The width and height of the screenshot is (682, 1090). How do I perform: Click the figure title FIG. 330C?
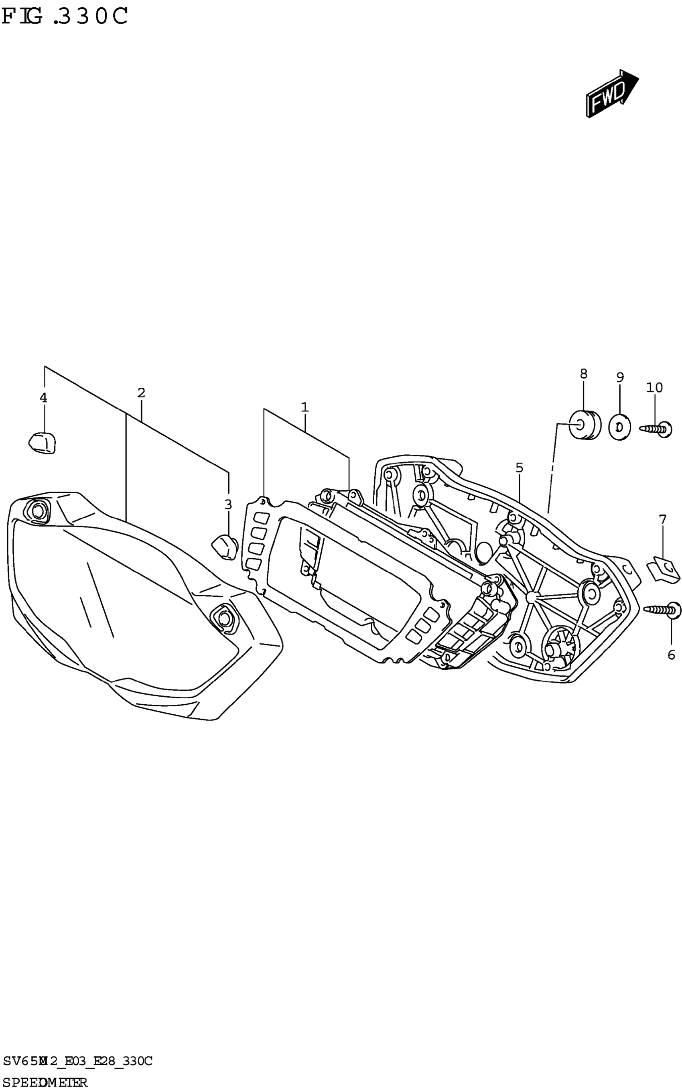click(65, 17)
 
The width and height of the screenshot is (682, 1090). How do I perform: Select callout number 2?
click(141, 392)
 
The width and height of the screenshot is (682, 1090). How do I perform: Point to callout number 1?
click(305, 407)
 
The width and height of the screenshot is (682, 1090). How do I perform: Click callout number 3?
click(228, 504)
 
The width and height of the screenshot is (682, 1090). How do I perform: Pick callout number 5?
click(519, 468)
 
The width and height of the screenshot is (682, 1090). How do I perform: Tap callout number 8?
click(583, 374)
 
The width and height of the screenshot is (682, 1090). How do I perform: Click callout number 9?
click(620, 377)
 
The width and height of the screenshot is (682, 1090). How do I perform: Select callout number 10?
click(654, 387)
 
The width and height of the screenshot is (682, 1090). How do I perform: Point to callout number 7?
click(662, 520)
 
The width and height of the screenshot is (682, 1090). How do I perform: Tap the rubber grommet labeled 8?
click(585, 425)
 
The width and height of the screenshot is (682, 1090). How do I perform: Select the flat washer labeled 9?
click(619, 427)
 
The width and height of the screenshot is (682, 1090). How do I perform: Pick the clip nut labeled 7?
click(663, 571)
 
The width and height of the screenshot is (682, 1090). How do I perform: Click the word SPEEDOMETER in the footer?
click(45, 1082)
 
